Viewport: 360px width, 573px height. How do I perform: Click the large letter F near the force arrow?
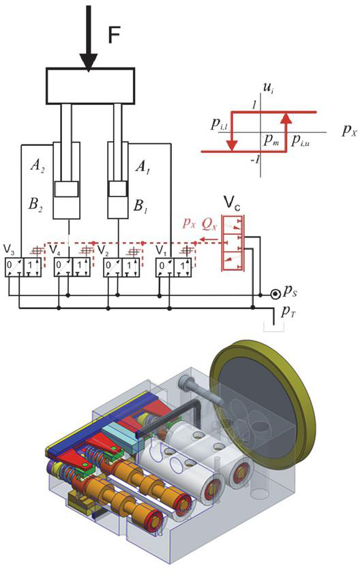[x=114, y=35]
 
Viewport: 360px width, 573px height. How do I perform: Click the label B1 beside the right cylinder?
[x=140, y=206]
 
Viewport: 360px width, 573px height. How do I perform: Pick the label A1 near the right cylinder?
[x=142, y=166]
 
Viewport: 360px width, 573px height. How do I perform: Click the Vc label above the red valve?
[x=232, y=205]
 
